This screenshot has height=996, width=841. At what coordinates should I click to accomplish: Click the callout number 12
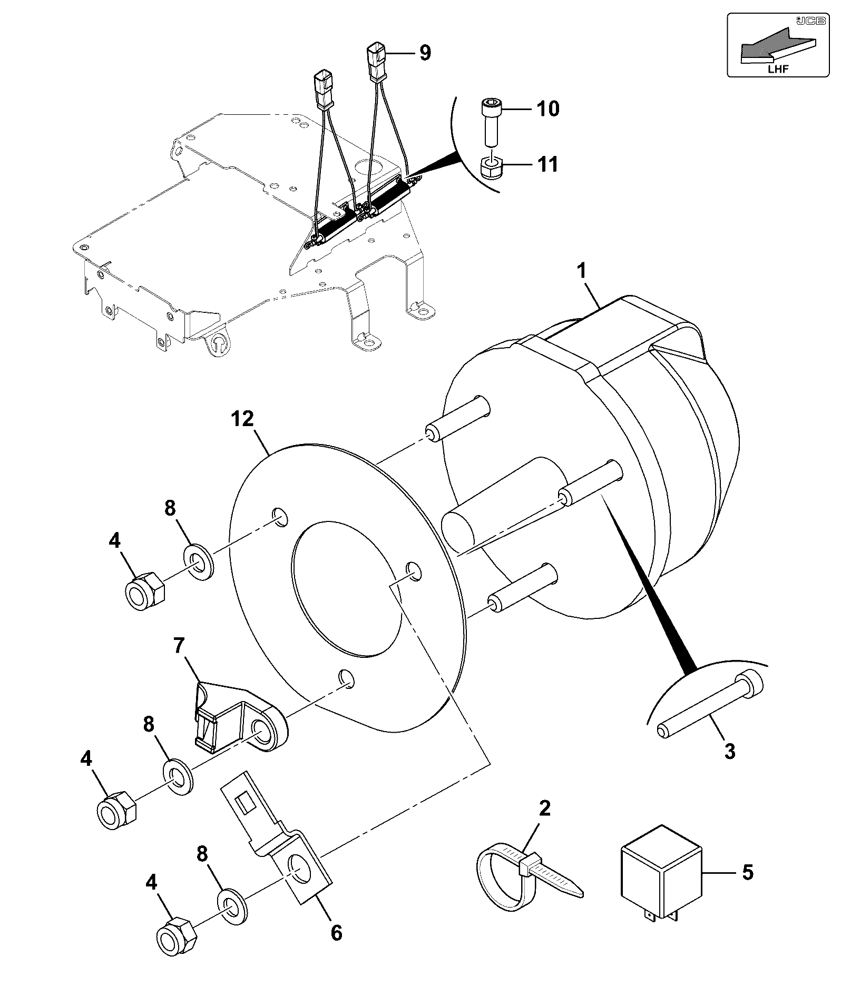pos(243,419)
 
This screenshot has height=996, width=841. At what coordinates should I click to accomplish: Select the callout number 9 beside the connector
pos(425,52)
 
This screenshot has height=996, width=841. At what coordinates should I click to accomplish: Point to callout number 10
pos(547,109)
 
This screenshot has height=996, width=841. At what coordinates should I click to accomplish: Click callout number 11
pos(547,164)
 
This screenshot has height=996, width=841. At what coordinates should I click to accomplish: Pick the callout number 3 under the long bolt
pos(729,751)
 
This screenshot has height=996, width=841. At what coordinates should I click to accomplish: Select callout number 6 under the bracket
pos(336,933)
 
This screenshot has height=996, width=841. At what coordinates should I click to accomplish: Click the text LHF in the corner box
pos(778,70)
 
